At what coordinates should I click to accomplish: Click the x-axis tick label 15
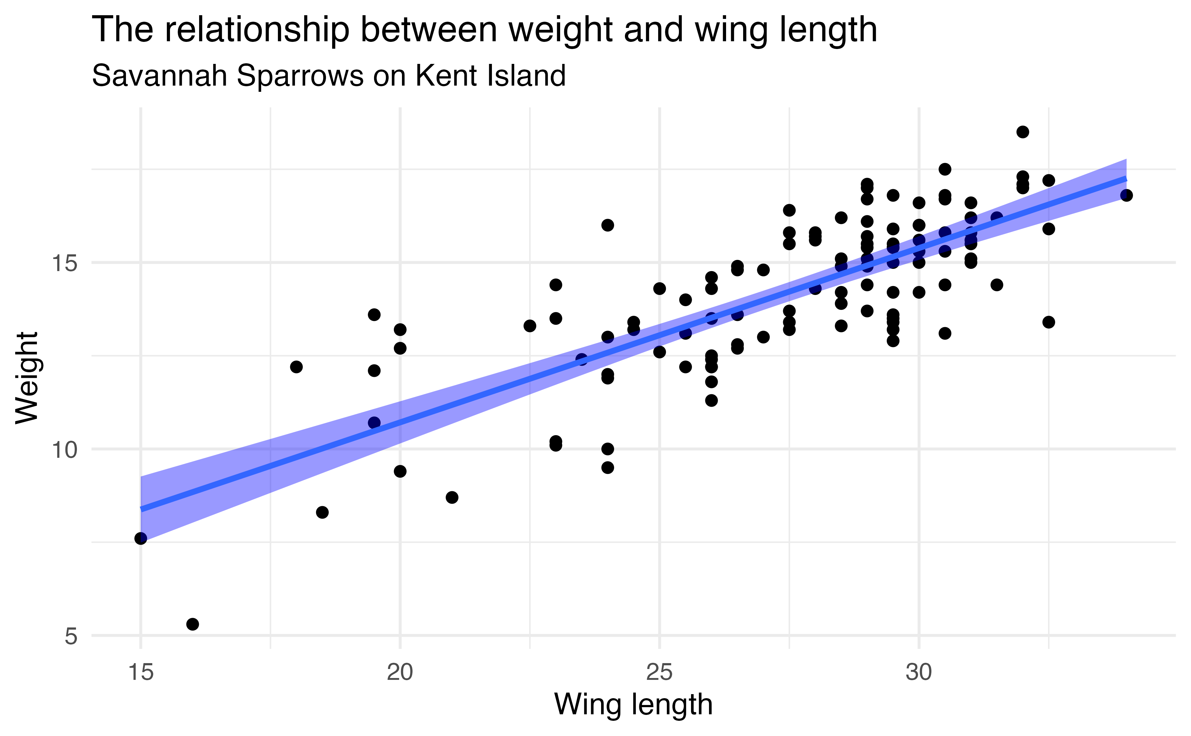pos(141,673)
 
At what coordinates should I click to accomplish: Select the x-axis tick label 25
pos(659,673)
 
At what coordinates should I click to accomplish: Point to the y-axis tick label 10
pos(65,450)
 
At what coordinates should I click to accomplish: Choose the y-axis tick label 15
pos(65,263)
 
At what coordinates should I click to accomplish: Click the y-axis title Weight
pos(27,378)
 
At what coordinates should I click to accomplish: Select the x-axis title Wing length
pos(633,704)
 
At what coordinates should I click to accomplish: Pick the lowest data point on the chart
pos(193,624)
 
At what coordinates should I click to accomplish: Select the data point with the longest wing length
pos(1126,195)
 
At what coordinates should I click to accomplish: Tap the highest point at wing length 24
pos(607,225)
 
